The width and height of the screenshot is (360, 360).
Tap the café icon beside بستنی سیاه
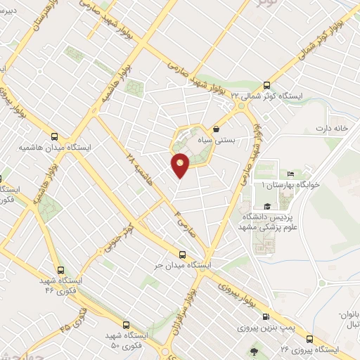point(216,129)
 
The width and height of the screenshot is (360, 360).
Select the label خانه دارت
point(332,128)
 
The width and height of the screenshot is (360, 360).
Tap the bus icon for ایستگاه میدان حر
point(183,255)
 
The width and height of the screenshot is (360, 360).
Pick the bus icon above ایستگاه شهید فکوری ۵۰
point(126,325)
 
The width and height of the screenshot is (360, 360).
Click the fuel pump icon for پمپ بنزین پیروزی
point(266,316)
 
